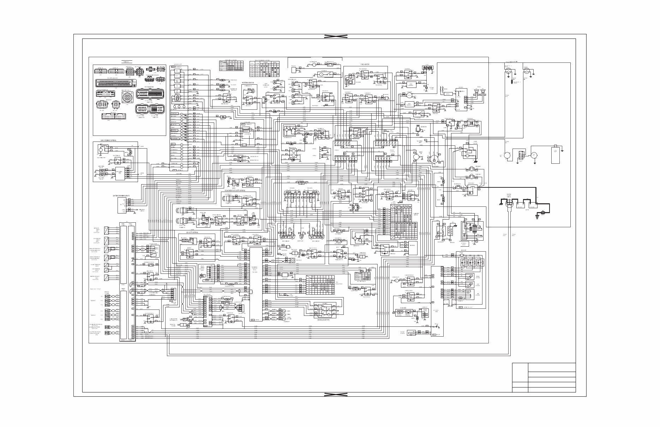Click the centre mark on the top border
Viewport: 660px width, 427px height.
(336, 36)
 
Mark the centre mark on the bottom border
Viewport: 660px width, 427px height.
(336, 394)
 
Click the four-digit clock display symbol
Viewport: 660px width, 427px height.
(427, 68)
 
